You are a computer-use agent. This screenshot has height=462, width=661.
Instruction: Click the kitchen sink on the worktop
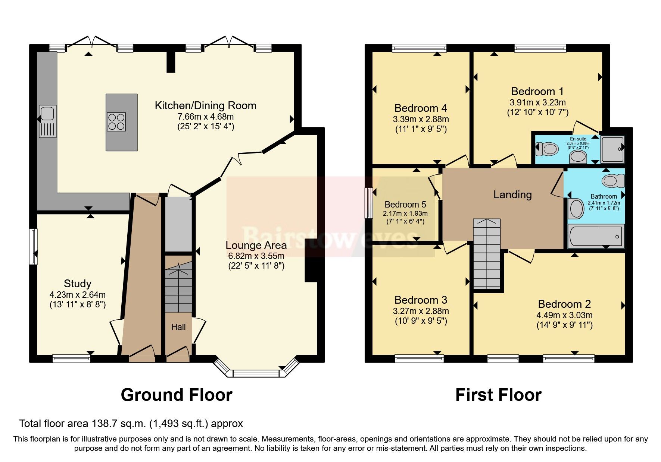(47, 121)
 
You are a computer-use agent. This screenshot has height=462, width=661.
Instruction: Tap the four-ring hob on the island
(116, 122)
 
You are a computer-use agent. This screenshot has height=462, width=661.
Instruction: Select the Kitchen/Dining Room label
(205, 105)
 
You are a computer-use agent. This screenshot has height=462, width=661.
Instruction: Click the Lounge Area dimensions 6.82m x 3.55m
(256, 256)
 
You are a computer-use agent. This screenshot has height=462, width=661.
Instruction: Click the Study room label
(77, 284)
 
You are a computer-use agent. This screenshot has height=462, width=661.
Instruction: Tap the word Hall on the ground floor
(178, 327)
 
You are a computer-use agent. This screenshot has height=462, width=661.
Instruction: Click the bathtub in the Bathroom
(596, 237)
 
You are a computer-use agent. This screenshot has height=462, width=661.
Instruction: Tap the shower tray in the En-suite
(612, 149)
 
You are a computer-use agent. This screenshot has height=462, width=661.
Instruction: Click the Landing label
(512, 194)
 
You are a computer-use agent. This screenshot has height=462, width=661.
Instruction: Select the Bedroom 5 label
(405, 205)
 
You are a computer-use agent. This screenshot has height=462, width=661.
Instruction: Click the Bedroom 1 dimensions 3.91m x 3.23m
(537, 102)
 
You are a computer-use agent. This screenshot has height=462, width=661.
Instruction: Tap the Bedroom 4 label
(421, 108)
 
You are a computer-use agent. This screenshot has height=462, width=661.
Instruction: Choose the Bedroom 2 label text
(564, 304)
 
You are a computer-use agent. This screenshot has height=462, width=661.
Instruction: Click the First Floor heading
(498, 395)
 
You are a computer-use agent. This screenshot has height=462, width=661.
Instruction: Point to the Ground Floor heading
(177, 395)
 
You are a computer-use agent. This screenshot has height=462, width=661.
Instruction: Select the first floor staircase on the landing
(486, 253)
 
